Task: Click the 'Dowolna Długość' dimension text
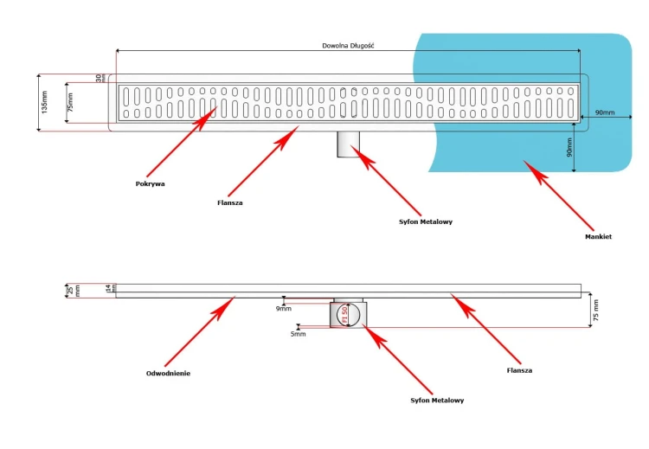click(x=347, y=45)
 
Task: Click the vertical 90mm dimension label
click(x=569, y=148)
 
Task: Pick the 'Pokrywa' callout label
click(x=150, y=183)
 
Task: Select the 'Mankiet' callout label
click(x=598, y=236)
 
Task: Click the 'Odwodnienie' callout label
click(x=168, y=374)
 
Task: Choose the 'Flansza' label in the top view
click(x=230, y=202)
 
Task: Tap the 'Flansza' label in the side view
click(x=519, y=370)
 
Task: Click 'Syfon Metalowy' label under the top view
click(x=425, y=221)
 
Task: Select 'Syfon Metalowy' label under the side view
click(x=437, y=401)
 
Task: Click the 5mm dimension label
click(x=298, y=333)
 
